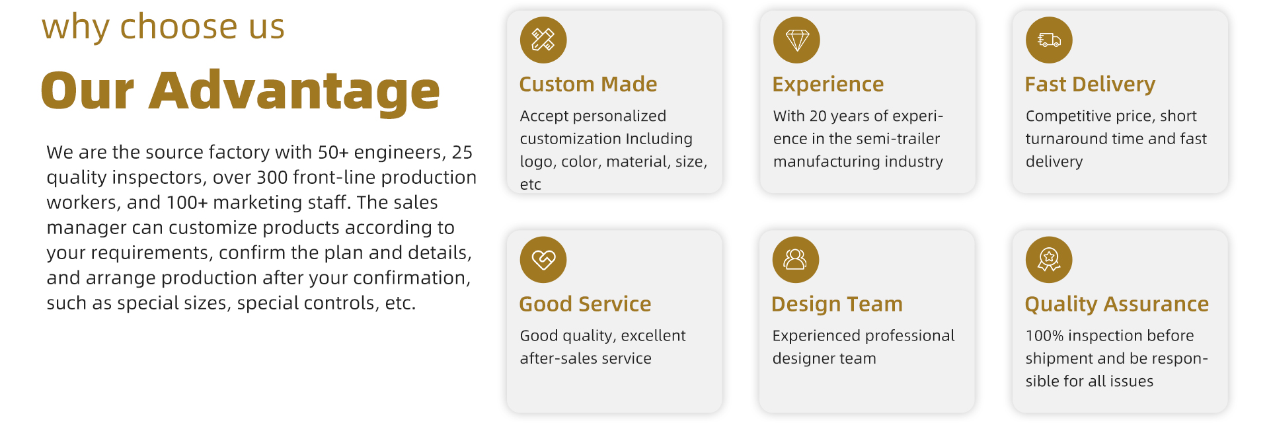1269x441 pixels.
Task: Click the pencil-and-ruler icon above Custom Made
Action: point(543,40)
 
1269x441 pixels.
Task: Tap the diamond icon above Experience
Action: point(796,40)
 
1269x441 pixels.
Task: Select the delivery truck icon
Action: point(1049,40)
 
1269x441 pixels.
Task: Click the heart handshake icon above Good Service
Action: point(543,259)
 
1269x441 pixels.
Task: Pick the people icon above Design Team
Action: point(796,259)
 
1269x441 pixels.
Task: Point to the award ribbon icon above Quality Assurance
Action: point(1049,259)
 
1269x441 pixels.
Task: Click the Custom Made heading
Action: point(588,84)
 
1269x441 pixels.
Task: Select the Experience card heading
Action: point(828,85)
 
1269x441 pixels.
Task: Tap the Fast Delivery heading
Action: point(1090,85)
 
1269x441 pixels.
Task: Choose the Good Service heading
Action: point(585,303)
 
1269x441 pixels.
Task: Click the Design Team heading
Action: point(837,304)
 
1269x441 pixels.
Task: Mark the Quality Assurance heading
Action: point(1117,304)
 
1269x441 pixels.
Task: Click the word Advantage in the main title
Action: point(294,91)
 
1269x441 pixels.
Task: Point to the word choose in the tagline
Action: point(178,26)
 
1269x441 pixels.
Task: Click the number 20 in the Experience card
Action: point(818,116)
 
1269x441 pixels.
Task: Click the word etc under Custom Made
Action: point(531,185)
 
